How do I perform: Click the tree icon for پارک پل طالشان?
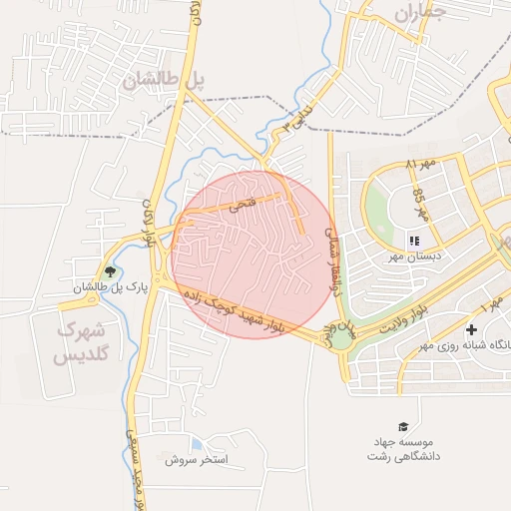click(x=110, y=271)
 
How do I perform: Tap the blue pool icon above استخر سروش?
click(x=196, y=443)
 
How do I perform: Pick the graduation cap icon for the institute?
click(x=403, y=427)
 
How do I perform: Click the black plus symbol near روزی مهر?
click(x=471, y=329)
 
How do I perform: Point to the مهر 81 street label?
click(x=422, y=163)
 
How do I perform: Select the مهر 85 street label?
click(x=421, y=204)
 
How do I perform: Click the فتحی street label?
click(x=243, y=205)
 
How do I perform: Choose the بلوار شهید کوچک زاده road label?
click(x=242, y=317)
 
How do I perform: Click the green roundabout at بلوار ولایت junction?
click(x=341, y=338)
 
